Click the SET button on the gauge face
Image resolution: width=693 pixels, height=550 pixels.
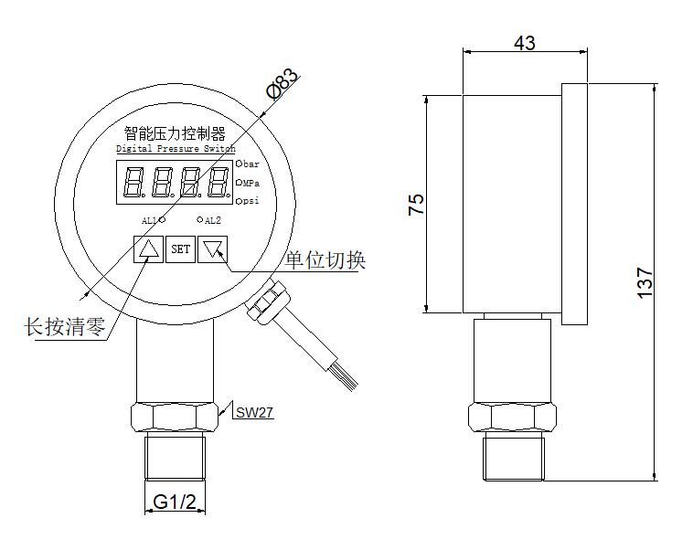[x=180, y=249]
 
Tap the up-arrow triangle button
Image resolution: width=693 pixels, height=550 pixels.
[x=147, y=249]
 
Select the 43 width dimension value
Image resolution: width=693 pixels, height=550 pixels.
[x=524, y=42]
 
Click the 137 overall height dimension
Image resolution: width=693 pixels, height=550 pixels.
[x=645, y=282]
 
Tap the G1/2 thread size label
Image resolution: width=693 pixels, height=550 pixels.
[x=175, y=502]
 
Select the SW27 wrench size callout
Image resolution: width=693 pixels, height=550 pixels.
[x=254, y=413]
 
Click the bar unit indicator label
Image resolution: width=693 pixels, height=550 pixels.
[x=251, y=164]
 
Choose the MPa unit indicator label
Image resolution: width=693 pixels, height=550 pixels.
[x=252, y=183]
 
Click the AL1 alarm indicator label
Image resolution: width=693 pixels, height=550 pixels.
[x=149, y=220]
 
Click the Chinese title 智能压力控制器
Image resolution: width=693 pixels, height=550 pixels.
[x=174, y=133]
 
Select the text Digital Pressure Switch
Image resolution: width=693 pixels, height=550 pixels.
[x=176, y=148]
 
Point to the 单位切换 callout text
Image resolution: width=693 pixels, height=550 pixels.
[x=325, y=260]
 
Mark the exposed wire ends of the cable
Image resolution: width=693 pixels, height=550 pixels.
[x=346, y=372]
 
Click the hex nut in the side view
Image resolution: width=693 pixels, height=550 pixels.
[x=512, y=417]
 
